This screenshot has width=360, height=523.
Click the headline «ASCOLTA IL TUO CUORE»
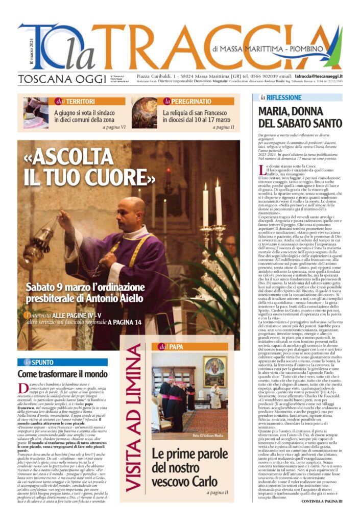click(x=89, y=167)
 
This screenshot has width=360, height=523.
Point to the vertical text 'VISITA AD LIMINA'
click(x=134, y=417)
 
